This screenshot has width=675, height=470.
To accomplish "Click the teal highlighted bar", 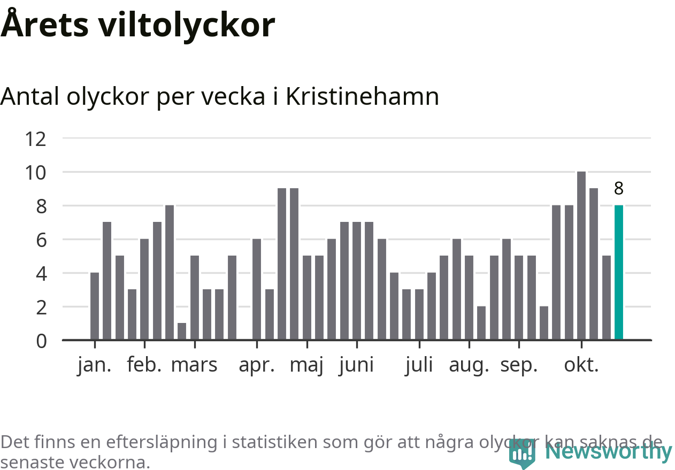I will pos(619,272).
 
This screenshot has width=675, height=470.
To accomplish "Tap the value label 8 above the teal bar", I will pos(619,189).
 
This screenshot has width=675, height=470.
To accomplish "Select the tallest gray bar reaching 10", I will pos(581,256).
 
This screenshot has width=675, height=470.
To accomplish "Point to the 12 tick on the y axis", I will pos(36,139).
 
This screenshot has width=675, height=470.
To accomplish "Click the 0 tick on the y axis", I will pos(41,341).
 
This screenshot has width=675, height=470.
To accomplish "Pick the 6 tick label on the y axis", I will pos(41,240).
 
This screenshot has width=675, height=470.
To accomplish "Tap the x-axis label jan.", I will pos(94,365).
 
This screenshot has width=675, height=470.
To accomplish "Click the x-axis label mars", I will pos(194,365).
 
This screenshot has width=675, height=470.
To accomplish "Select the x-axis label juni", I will pos(356,365).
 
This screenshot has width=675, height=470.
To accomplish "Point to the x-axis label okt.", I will pos(581,365).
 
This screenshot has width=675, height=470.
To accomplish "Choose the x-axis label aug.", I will pos(469,365).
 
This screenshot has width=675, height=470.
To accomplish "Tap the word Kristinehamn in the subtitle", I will pos(362,97).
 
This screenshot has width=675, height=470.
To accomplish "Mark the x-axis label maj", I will pos(306,366).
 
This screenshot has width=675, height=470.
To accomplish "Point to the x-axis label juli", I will pos(419,365).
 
